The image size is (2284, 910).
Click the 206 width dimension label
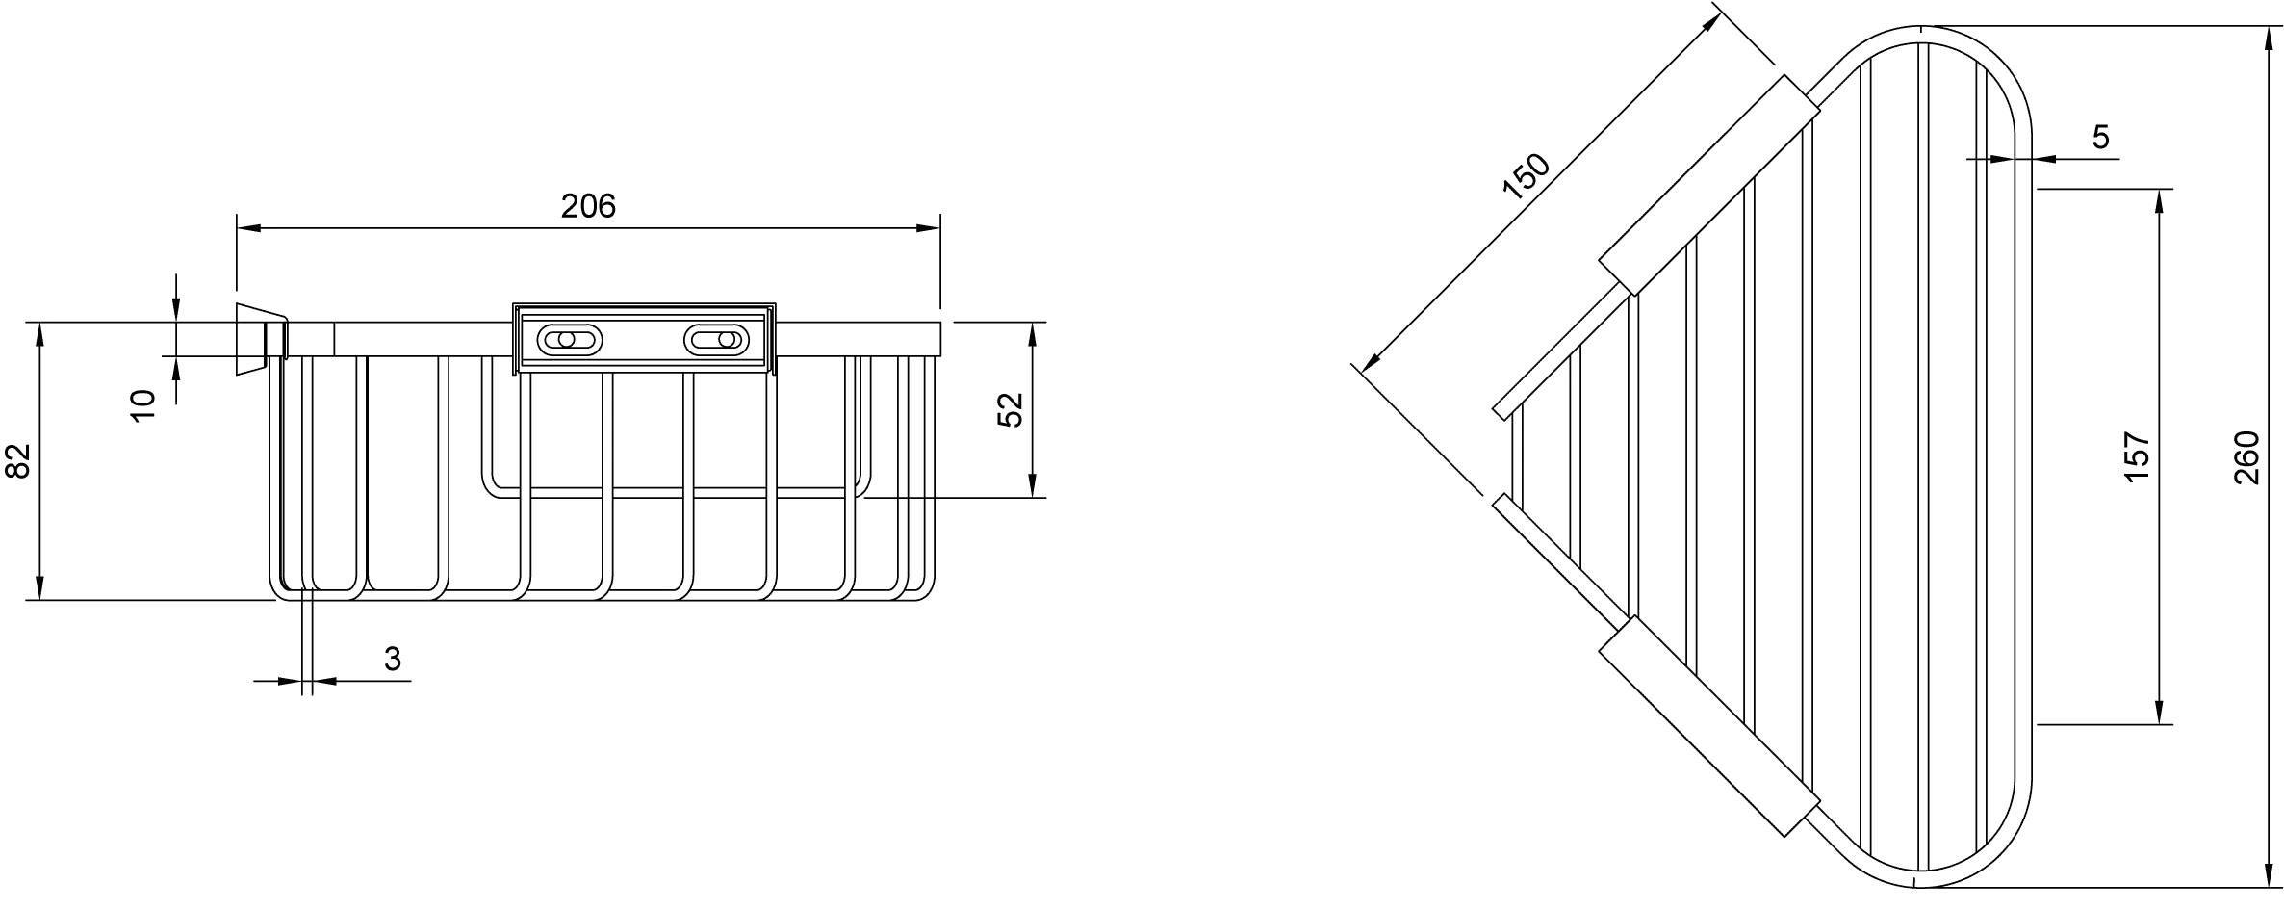[588, 205]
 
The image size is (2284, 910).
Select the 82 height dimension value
[19, 460]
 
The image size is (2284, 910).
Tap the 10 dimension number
[142, 405]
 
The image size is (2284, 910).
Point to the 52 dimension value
[1010, 410]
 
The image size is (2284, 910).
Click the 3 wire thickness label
[392, 660]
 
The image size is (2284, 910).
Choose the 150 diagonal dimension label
[1527, 176]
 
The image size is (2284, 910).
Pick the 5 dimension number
[2100, 138]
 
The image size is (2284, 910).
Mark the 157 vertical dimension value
[2136, 456]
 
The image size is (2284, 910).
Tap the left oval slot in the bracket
[569, 340]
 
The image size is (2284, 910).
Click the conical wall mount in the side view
[261, 339]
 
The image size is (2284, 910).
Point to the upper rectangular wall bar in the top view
[1709, 184]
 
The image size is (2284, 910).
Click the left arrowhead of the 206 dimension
[248, 228]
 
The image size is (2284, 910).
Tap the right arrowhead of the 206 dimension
[928, 228]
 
